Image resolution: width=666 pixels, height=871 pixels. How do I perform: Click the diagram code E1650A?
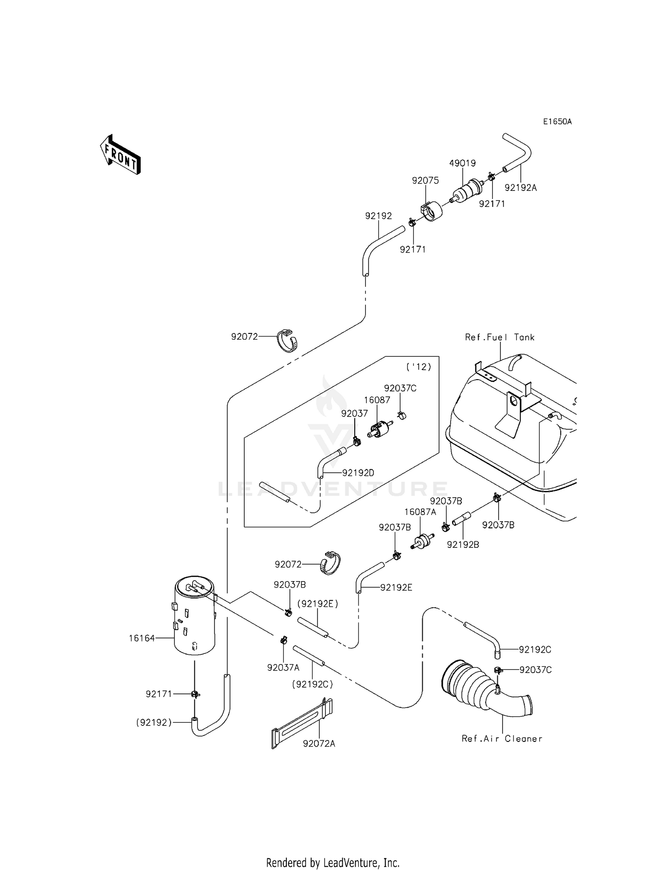pos(557,122)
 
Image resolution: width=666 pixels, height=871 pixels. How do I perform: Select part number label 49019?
pos(462,163)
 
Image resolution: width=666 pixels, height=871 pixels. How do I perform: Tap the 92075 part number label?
pos(425,181)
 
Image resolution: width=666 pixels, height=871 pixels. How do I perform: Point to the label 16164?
pos(142,638)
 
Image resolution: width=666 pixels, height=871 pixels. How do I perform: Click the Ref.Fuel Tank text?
pos(499,337)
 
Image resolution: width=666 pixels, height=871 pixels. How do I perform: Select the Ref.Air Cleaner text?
pos(502,739)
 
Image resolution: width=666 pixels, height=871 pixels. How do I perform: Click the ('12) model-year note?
pos(419,367)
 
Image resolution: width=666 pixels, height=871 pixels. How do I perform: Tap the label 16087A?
pos(420,512)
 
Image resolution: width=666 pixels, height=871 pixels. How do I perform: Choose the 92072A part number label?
pos(319,744)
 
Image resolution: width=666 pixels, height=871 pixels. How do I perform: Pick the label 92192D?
pos(358,473)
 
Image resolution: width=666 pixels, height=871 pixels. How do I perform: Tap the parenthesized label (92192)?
pos(154,723)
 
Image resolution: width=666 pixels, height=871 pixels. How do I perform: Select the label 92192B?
pos(463,545)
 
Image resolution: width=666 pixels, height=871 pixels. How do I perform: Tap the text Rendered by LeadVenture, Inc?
pos(333,863)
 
